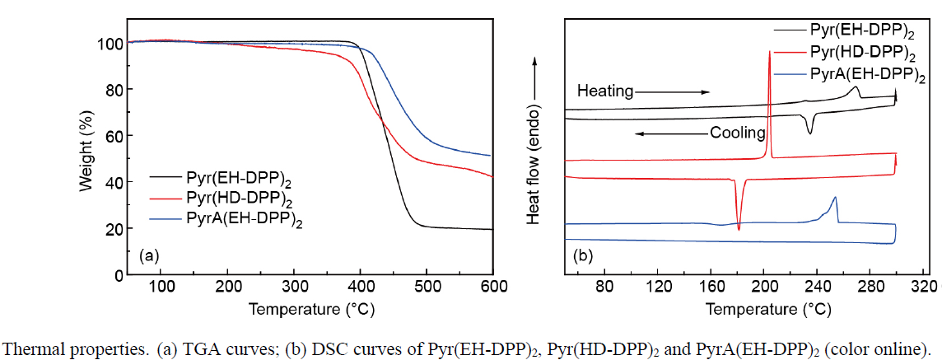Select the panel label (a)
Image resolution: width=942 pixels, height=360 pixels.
pyautogui.click(x=149, y=255)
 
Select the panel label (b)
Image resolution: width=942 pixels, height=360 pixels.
pyautogui.click(x=583, y=255)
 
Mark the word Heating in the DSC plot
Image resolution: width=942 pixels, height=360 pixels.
pyautogui.click(x=605, y=91)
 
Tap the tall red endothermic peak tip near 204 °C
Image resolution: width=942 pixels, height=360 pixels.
pyautogui.click(x=769, y=52)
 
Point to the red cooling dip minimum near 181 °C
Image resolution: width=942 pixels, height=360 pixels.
pyautogui.click(x=739, y=229)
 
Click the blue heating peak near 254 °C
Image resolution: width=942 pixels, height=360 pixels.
pyautogui.click(x=836, y=198)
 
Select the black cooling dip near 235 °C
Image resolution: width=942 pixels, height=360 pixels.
pyautogui.click(x=811, y=133)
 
